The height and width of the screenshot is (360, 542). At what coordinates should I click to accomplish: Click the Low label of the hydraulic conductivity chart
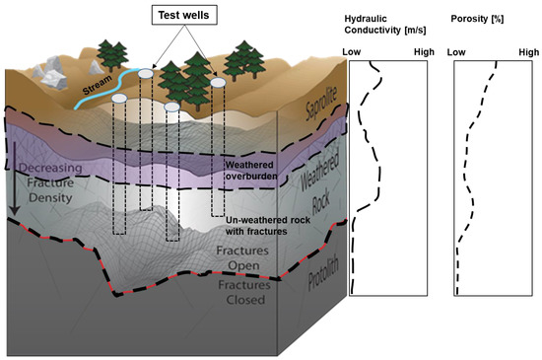click(352, 51)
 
